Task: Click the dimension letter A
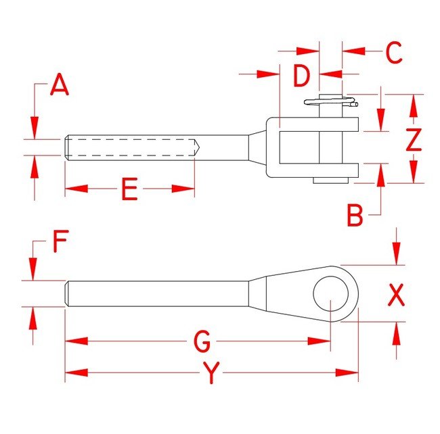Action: point(60,86)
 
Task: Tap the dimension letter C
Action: point(394,53)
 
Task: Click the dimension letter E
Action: point(129,191)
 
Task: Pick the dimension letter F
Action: point(60,241)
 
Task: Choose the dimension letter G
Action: point(202,343)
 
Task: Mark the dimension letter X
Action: point(397,295)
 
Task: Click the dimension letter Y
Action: point(213,373)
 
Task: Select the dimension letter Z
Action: point(414,140)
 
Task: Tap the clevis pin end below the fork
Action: point(331,180)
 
